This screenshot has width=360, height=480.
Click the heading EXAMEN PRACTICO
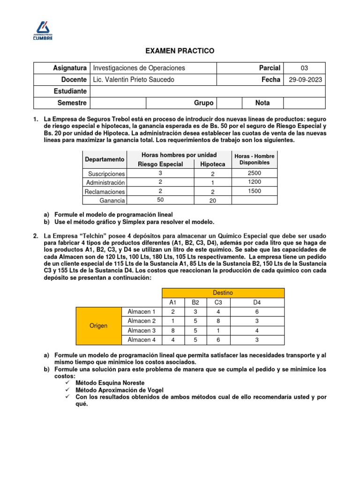pos(180,51)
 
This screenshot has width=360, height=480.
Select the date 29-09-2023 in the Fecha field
pos(305,80)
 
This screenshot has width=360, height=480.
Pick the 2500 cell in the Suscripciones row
pos(255,173)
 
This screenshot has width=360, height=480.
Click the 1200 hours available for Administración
pos(255,182)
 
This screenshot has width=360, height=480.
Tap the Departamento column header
pos(105,159)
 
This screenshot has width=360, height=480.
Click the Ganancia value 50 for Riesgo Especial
pos(160,200)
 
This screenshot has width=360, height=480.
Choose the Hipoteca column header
pos(212,164)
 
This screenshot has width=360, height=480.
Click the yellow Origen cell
pos(98,325)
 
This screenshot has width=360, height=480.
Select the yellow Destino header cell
pos(223,292)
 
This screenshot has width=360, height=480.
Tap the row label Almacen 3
pos(142,330)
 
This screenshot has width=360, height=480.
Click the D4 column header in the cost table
pos(256,302)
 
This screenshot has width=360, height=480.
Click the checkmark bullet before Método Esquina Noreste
pos(68,382)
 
